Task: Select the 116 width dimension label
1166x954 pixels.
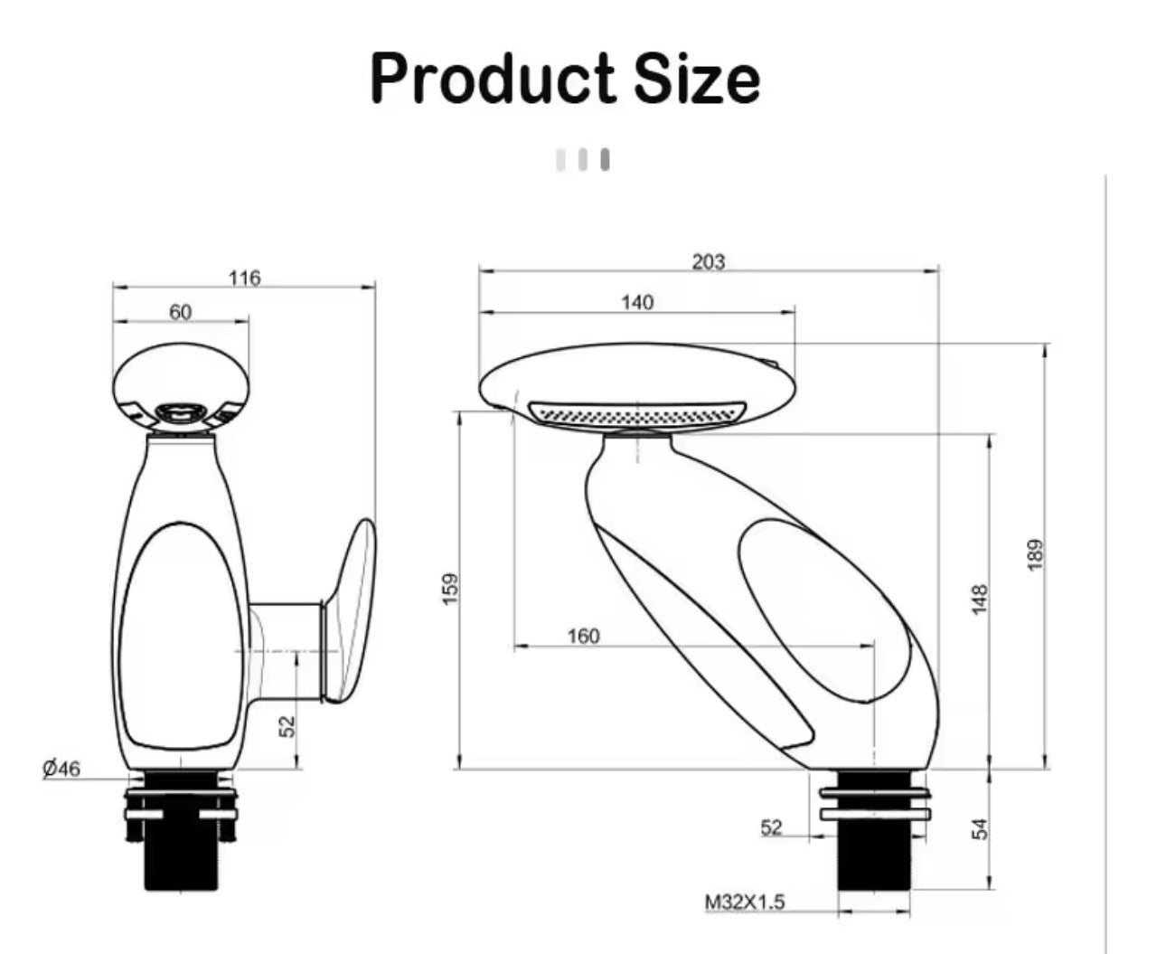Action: pos(244,278)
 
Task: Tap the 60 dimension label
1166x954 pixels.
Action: pos(181,312)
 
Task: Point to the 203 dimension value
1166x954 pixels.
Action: pos(709,261)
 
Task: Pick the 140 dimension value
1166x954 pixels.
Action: pos(637,302)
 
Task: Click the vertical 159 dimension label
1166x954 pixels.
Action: pos(452,589)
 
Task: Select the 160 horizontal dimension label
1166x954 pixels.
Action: pos(583,637)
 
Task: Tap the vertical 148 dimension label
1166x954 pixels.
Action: pos(980,600)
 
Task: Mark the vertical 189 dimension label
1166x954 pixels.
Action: pos(1036,553)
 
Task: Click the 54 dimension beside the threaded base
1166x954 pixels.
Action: pos(980,828)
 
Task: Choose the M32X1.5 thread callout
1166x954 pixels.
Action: pos(746,902)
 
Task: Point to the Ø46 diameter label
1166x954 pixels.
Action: pos(61,769)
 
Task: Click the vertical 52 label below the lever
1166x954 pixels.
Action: pos(287,726)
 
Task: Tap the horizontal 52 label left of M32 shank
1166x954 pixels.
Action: pos(771,827)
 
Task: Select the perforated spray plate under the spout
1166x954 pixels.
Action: pos(638,413)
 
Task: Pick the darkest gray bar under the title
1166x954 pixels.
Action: pos(606,160)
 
